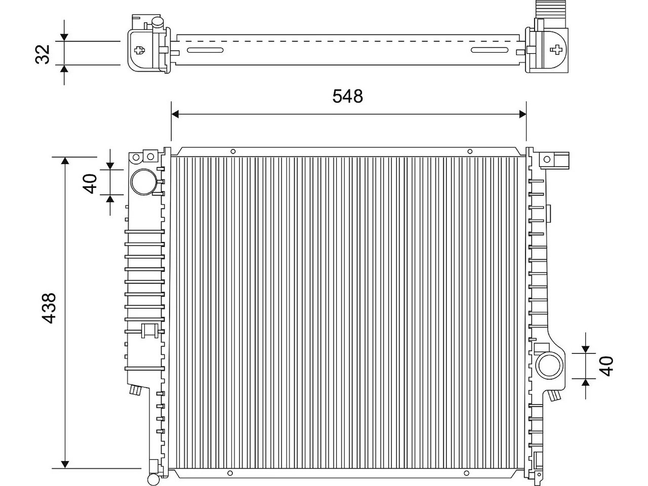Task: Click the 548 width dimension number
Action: tap(347, 96)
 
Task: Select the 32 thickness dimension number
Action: tap(43, 54)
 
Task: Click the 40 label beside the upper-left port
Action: tap(90, 184)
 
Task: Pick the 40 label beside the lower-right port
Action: tap(606, 366)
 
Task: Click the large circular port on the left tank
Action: tap(144, 182)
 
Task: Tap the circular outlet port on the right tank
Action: tap(549, 366)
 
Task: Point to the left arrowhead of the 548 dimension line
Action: tap(175, 114)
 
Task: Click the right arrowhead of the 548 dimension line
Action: tap(522, 114)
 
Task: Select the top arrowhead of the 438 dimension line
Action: tap(65, 161)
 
